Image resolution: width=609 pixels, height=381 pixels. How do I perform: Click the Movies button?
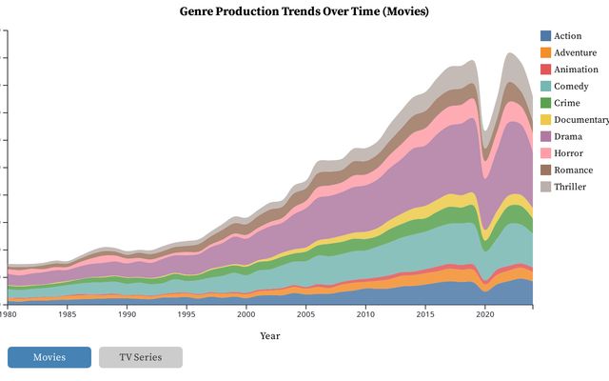(49, 357)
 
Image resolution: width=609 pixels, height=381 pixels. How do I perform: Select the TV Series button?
(140, 357)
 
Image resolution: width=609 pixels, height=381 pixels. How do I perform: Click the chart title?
(304, 11)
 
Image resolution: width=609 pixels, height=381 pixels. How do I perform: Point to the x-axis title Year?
(270, 335)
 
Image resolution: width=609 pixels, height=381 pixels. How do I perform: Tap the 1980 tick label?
(9, 314)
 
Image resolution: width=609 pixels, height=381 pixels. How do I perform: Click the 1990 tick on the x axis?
(127, 314)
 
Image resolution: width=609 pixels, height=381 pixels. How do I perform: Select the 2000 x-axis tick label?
(246, 314)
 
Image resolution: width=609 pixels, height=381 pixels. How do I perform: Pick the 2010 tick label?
(365, 314)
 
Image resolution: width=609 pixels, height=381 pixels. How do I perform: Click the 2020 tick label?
(484, 314)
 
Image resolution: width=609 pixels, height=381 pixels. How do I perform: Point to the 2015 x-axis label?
(425, 314)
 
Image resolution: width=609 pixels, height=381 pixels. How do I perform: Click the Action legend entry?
(568, 36)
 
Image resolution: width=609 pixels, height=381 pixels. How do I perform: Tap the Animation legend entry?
(576, 70)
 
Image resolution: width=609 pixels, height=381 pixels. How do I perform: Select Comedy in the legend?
(572, 87)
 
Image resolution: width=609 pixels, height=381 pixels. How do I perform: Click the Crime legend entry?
(568, 103)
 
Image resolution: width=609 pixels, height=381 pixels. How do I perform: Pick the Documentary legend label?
(580, 120)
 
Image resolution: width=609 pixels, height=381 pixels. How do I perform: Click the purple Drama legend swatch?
(545, 136)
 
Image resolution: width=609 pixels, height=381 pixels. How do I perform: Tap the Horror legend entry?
(569, 153)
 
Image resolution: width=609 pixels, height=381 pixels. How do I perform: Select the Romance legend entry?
(573, 170)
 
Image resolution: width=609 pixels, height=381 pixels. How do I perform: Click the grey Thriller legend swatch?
(545, 187)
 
